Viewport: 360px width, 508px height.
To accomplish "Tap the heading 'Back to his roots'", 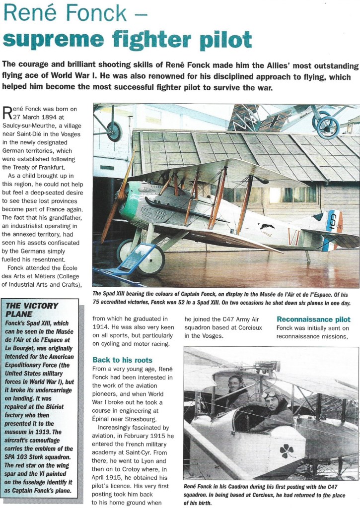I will (122, 359).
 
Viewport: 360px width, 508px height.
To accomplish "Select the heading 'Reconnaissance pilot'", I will (313, 319).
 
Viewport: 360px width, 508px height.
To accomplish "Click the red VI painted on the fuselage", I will (294, 237).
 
